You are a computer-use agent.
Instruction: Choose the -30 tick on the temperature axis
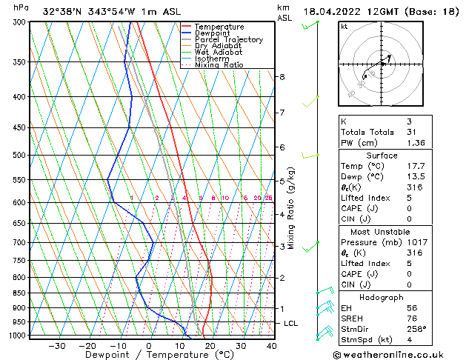[56, 346]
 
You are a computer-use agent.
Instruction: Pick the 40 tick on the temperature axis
[271, 346]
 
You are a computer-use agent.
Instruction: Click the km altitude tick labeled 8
[282, 77]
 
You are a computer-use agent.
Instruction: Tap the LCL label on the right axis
[291, 324]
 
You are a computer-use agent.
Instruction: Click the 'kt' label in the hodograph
[344, 27]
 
